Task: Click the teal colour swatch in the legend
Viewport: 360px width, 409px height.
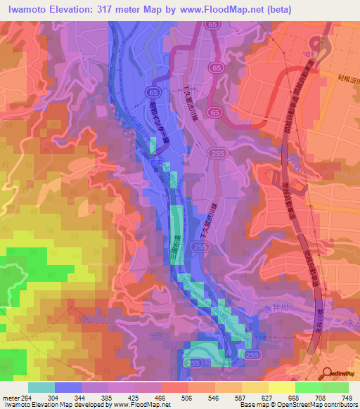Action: [x=41, y=388]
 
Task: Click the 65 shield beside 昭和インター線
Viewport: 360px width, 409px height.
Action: [x=151, y=93]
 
